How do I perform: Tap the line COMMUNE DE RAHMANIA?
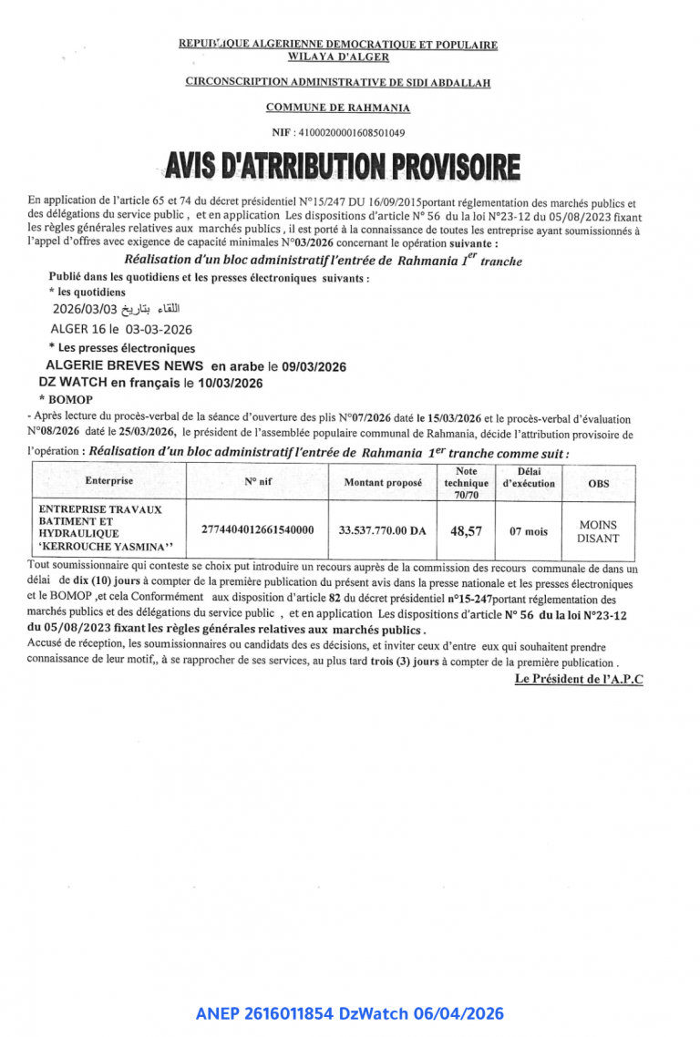coord(338,108)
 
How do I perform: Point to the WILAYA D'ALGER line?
coord(338,56)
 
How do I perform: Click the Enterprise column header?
coord(109,480)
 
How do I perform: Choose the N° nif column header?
coord(258,481)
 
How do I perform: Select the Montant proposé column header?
coord(383,482)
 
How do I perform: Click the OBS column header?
coord(598,483)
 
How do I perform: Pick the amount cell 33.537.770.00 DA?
coord(383,529)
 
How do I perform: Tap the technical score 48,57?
coord(467,529)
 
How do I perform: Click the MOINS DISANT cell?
coord(598,531)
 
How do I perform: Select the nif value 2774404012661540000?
coord(258,529)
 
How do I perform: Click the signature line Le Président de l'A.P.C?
coord(579,679)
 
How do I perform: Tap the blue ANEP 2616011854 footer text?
coord(349,1013)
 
